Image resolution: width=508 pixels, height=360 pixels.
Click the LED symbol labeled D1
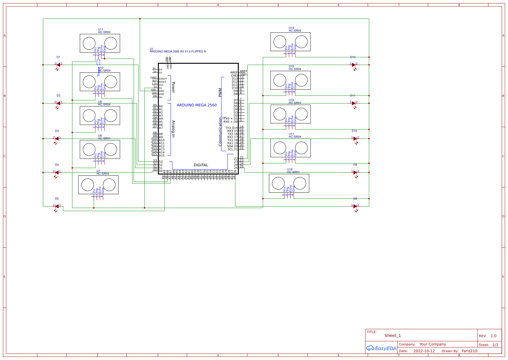pos(58,65)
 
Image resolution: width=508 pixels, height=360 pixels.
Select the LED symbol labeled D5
pos(57,206)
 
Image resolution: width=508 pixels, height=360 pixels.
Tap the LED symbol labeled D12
pos(354,65)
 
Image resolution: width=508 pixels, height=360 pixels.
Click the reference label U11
pos(101,30)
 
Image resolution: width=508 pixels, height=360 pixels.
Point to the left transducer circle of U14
pos(280,42)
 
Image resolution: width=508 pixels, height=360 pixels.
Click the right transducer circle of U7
pos(109,185)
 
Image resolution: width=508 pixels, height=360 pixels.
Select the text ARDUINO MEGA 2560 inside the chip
pos(196,105)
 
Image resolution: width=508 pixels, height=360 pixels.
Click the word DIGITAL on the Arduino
pos(201,165)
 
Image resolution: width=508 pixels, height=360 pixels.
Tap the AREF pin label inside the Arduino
pos(234,73)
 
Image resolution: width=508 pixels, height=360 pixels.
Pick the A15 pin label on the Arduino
pos(161,156)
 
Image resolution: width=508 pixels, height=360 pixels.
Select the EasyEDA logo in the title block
pos(381,348)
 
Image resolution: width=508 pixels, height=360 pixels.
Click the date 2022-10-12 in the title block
pos(424,351)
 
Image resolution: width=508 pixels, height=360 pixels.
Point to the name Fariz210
pos(469,351)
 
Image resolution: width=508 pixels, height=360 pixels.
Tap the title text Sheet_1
pos(392,336)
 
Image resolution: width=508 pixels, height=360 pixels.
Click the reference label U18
pos(290,170)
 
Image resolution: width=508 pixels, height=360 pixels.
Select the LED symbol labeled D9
pos(355,172)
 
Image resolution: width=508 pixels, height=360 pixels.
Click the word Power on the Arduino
pos(173,87)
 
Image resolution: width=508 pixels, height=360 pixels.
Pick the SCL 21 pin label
pos(232,150)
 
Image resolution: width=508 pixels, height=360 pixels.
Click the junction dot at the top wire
pos(140,19)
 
